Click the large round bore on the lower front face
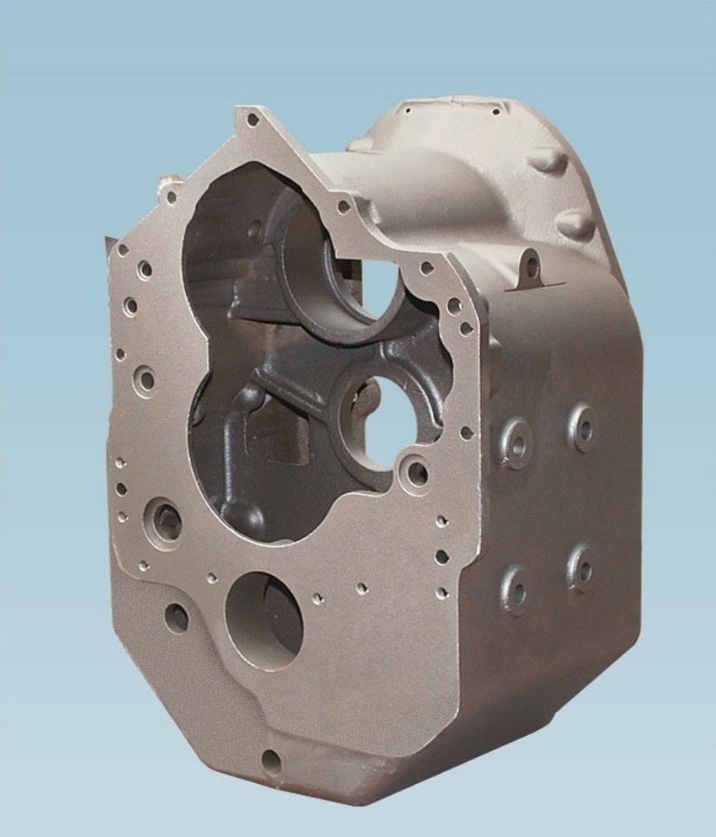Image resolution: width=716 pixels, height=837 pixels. [264, 620]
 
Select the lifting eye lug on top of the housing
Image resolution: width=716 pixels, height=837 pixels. [530, 268]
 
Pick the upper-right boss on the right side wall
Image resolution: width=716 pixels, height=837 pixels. [583, 426]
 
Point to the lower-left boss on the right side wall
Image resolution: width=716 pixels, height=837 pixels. [515, 589]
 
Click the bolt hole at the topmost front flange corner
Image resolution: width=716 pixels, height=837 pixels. [251, 119]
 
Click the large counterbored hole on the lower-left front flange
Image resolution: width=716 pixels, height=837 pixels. [166, 523]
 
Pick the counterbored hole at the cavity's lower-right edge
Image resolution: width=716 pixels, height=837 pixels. [416, 474]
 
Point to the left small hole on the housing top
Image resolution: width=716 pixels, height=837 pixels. [406, 108]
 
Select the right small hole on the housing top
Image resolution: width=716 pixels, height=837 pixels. [496, 111]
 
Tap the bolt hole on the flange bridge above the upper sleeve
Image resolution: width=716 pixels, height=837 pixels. [344, 206]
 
